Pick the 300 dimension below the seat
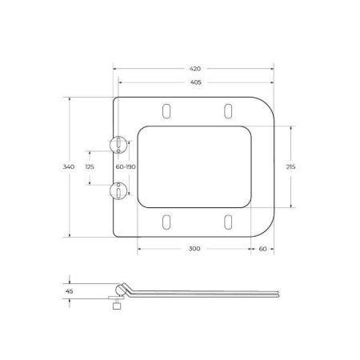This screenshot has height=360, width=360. coord(194,249)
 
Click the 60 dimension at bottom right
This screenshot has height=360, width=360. coord(262,249)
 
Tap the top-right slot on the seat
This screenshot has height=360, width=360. coord(227,110)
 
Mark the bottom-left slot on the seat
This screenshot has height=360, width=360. coord(166,222)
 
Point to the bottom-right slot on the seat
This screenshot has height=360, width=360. coord(227,222)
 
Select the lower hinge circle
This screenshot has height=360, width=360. coord(118,190)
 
